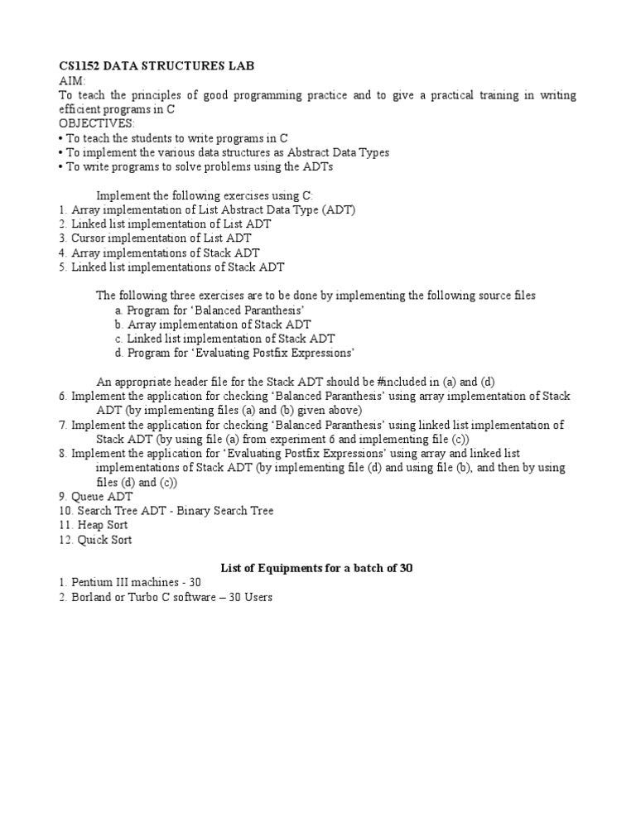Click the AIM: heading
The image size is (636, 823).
tap(72, 81)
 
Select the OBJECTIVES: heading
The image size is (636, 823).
tap(90, 123)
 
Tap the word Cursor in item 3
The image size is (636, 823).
tap(90, 238)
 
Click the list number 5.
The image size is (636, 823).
tap(62, 267)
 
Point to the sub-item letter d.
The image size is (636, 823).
tap(119, 354)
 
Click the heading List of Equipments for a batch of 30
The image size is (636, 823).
tap(316, 568)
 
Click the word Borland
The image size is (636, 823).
tap(92, 597)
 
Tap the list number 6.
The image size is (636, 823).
tap(62, 397)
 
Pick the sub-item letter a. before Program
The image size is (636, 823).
tap(119, 310)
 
